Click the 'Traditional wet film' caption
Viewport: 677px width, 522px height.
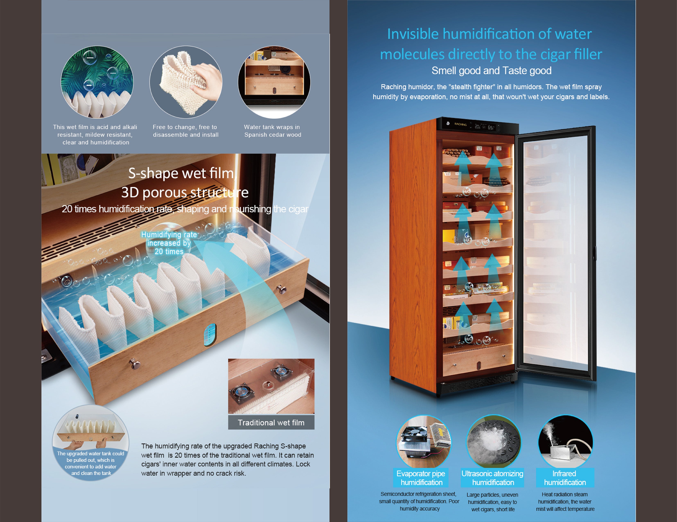tap(271, 423)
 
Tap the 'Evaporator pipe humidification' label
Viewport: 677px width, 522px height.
tap(421, 478)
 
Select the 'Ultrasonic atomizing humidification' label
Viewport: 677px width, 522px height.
tap(493, 478)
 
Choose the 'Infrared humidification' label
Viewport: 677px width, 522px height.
tap(565, 478)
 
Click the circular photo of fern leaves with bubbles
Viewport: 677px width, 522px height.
tap(97, 82)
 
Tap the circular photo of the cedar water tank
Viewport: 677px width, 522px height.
tap(274, 82)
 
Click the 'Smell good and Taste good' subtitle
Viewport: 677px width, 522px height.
tap(491, 71)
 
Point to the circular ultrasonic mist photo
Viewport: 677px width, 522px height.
tap(493, 441)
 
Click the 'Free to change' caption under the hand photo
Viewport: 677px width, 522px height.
tap(185, 131)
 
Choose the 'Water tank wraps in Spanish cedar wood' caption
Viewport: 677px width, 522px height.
tap(272, 131)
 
